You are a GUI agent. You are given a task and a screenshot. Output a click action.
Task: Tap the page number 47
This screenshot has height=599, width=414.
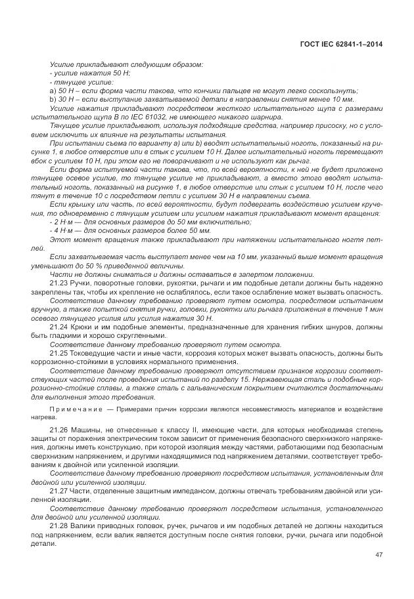coord(379,554)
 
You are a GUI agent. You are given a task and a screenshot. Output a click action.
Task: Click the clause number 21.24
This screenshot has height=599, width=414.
coord(59,326)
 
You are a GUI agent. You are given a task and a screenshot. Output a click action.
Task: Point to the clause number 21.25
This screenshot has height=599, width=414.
coord(59,354)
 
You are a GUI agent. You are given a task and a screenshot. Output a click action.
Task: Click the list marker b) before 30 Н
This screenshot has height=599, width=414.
coord(53,98)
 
